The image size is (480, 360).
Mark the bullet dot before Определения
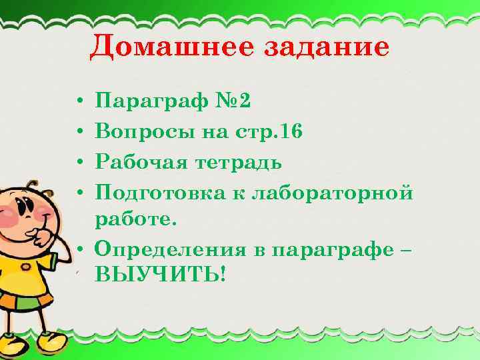(79, 249)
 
